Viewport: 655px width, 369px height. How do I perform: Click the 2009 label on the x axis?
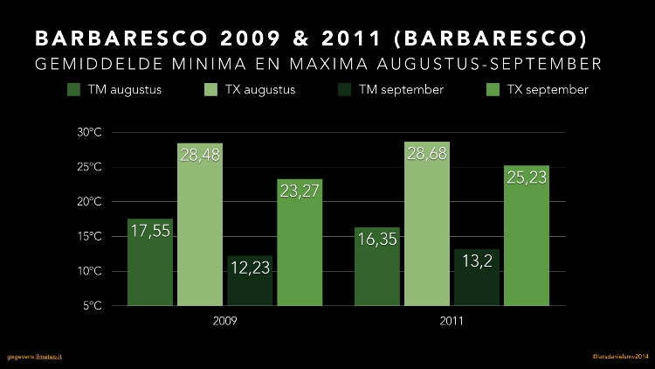224,321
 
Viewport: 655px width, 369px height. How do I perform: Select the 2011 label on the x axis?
452,321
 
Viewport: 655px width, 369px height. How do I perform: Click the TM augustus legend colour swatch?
73,90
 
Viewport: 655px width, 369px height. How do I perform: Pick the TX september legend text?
548,90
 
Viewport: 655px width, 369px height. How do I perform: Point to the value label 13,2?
477,261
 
